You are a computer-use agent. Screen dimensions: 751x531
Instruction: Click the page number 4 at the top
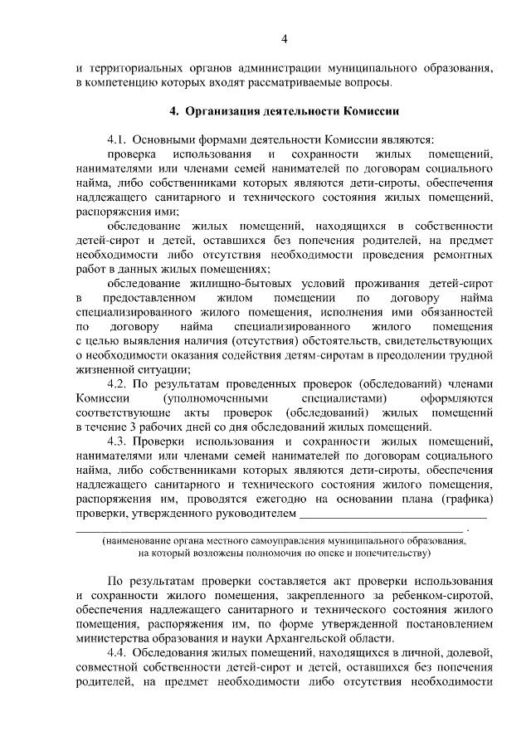coord(284,39)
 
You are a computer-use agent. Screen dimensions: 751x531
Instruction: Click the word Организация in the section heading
coord(222,110)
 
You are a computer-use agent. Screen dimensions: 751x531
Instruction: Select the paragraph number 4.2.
coord(118,383)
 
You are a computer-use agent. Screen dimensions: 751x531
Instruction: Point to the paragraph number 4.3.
coord(118,441)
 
